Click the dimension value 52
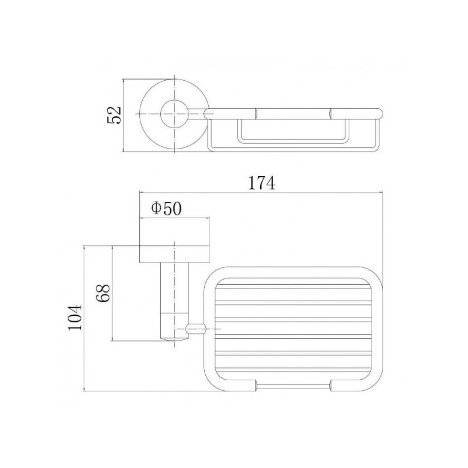[114, 115]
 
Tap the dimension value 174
[261, 183]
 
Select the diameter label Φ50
[166, 209]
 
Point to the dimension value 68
[104, 293]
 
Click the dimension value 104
[75, 317]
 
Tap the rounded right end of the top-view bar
[378, 113]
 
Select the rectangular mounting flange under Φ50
[174, 254]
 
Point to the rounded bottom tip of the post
[174, 339]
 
